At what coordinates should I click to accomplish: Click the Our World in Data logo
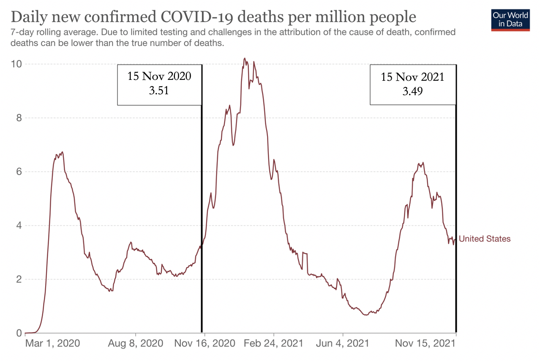510,19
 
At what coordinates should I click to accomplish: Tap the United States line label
484,239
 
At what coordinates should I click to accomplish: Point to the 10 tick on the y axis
16,64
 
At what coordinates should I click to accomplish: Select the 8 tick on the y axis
19,118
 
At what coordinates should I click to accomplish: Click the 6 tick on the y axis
19,172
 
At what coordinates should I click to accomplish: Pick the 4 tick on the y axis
19,225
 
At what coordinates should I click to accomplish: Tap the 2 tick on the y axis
19,279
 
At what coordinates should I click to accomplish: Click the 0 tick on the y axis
19,333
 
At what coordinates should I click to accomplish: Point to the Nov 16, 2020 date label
204,344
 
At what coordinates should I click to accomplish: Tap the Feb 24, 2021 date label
274,344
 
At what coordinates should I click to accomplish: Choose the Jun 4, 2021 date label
343,344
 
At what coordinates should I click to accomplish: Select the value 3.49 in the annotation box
412,90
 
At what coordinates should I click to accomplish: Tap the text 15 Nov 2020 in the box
159,77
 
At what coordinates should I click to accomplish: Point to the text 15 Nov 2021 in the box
412,77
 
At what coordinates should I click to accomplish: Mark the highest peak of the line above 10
245,58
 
